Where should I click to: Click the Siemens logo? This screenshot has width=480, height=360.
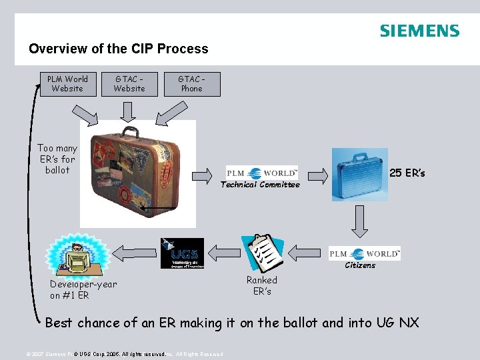pyautogui.click(x=419, y=31)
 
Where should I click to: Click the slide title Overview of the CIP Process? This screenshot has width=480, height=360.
pyautogui.click(x=119, y=49)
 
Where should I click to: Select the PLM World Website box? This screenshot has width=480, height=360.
pyautogui.click(x=67, y=84)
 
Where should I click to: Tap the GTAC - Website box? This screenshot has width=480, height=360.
pyautogui.click(x=129, y=84)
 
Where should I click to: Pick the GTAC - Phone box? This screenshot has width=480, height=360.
pyautogui.click(x=191, y=84)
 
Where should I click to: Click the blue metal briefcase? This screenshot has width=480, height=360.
pyautogui.click(x=359, y=175)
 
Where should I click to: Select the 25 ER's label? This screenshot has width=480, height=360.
pyautogui.click(x=407, y=173)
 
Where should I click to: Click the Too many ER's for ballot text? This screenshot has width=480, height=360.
pyautogui.click(x=57, y=159)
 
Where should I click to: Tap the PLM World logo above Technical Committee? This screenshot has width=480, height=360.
pyautogui.click(x=262, y=173)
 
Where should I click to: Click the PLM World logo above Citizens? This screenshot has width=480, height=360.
pyautogui.click(x=364, y=253)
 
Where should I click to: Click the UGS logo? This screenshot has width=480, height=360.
pyautogui.click(x=182, y=253)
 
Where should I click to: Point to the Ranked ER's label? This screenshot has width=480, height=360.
pyautogui.click(x=261, y=285)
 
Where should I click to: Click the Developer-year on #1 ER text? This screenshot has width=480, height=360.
pyautogui.click(x=83, y=289)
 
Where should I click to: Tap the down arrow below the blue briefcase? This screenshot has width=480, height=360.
pyautogui.click(x=360, y=222)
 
